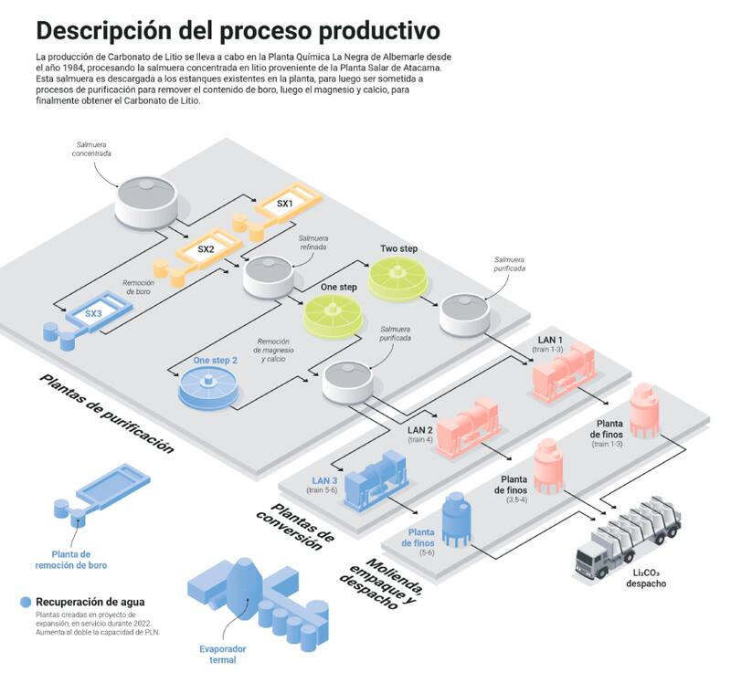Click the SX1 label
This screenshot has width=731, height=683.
pos(284,204)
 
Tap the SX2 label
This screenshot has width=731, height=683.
pos(206,248)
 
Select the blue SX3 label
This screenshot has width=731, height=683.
pos(93,314)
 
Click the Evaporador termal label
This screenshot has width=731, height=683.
pos(217,654)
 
